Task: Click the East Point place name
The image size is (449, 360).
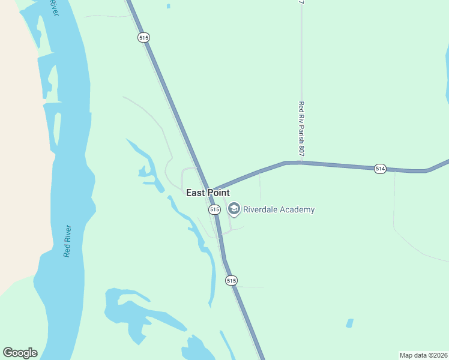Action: click(208, 193)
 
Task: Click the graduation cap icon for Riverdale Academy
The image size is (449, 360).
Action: click(234, 209)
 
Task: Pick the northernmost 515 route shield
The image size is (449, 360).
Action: click(143, 37)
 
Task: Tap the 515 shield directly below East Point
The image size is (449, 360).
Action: click(214, 209)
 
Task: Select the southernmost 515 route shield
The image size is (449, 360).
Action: click(232, 280)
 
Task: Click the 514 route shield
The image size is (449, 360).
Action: click(379, 169)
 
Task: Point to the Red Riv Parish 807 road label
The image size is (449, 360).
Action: click(301, 129)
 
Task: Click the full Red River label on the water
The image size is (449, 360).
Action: click(67, 241)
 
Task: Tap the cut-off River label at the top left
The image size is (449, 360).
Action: click(55, 7)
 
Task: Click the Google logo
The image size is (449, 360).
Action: click(20, 353)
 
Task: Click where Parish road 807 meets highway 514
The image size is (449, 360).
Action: click(301, 162)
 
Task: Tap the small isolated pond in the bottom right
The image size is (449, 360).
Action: click(349, 323)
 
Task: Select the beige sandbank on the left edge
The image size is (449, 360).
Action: click(15, 150)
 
